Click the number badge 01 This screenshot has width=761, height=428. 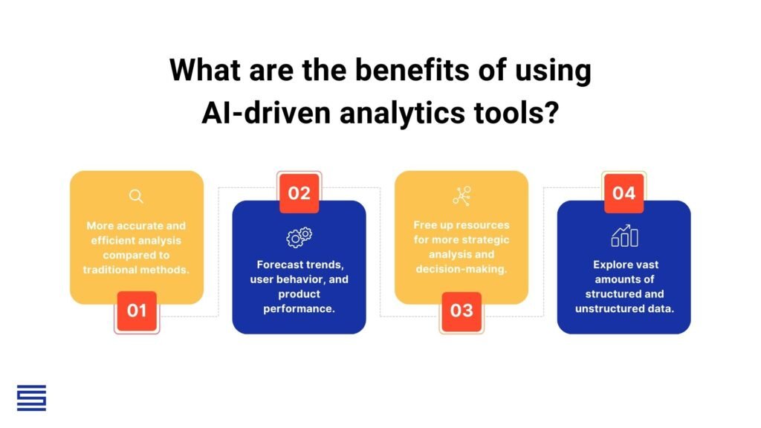(x=137, y=310)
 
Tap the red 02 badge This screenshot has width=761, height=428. (x=299, y=193)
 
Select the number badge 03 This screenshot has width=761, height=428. (x=462, y=310)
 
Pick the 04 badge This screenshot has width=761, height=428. (x=624, y=193)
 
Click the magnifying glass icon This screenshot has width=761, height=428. (x=136, y=196)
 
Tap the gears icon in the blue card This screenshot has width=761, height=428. (x=299, y=236)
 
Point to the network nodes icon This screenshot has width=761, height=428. (x=462, y=196)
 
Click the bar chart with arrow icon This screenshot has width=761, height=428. (x=624, y=236)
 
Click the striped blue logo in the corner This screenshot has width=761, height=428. (x=31, y=398)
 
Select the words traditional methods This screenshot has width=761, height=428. (x=136, y=269)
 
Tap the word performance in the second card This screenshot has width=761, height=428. (x=299, y=308)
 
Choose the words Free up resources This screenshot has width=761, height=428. (x=462, y=225)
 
